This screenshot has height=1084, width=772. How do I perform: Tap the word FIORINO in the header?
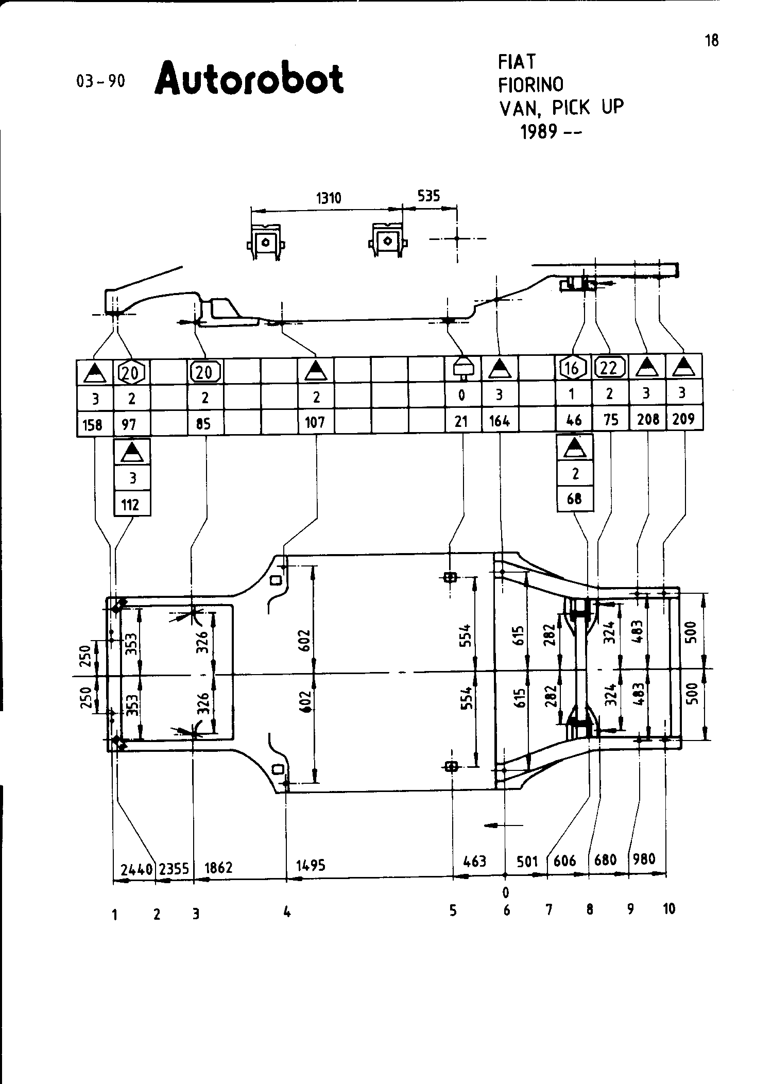[530, 84]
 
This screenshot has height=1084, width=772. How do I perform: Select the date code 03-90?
[100, 81]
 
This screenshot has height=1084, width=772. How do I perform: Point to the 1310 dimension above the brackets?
[329, 198]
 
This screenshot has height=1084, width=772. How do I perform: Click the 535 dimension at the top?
[428, 196]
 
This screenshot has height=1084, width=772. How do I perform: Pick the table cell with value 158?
[95, 424]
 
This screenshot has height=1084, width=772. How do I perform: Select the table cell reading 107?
[315, 423]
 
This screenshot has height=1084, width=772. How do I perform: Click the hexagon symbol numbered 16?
[573, 368]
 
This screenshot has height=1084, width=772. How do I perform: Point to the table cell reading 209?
[683, 419]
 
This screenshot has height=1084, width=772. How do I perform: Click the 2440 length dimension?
[136, 870]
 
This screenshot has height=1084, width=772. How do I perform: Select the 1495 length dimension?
[311, 866]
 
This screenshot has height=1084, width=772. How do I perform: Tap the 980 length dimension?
[644, 859]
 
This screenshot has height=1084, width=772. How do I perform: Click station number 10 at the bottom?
[668, 909]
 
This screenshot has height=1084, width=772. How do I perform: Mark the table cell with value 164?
[500, 422]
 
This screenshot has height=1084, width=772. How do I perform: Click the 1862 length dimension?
[218, 868]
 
